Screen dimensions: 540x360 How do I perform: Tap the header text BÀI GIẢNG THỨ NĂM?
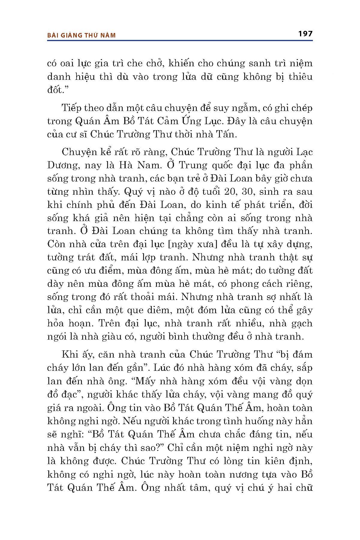[82, 35]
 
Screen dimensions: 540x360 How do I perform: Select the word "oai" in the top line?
[72, 63]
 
